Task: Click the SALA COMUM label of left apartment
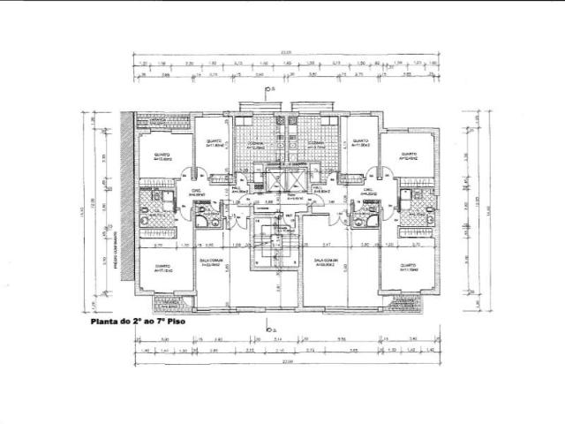click(x=210, y=261)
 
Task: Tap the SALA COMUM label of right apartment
click(x=327, y=261)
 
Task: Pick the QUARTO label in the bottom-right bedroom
click(x=406, y=265)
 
